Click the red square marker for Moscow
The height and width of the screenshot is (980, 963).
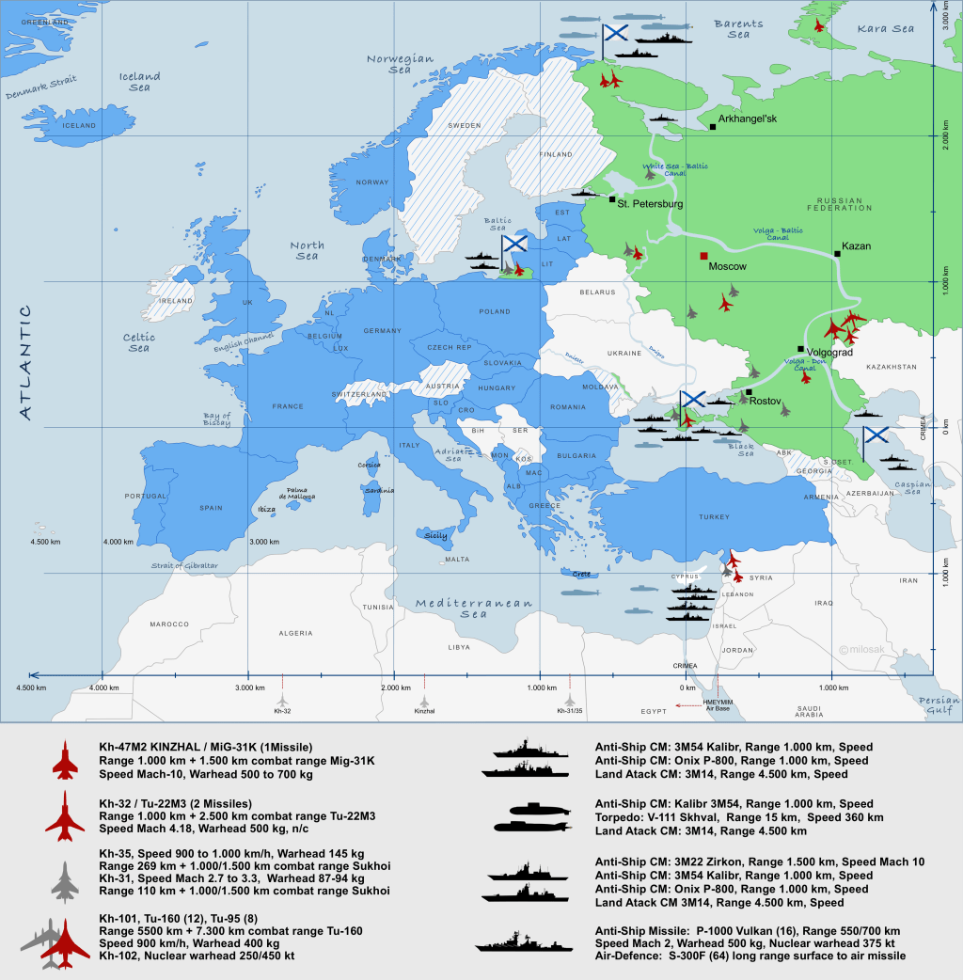(x=703, y=256)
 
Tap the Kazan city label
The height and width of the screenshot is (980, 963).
(x=856, y=246)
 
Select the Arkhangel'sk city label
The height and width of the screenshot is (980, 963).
(x=748, y=119)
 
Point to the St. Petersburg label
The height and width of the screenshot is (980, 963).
(x=650, y=203)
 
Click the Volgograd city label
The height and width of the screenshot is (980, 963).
(x=829, y=353)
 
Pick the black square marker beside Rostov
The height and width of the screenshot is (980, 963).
(x=749, y=392)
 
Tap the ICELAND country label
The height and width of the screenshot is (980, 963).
(x=79, y=125)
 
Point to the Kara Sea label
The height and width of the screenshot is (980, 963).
(x=885, y=29)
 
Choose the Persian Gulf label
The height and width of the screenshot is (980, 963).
(x=939, y=705)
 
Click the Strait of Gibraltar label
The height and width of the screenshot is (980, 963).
(x=184, y=565)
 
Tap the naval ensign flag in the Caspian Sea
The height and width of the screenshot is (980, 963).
(x=876, y=435)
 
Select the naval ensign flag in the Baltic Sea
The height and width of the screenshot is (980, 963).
(x=514, y=243)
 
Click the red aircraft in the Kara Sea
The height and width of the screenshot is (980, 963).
(x=819, y=25)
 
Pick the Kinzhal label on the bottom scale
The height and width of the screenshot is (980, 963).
(x=424, y=711)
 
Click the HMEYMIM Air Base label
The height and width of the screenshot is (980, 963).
(x=717, y=704)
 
